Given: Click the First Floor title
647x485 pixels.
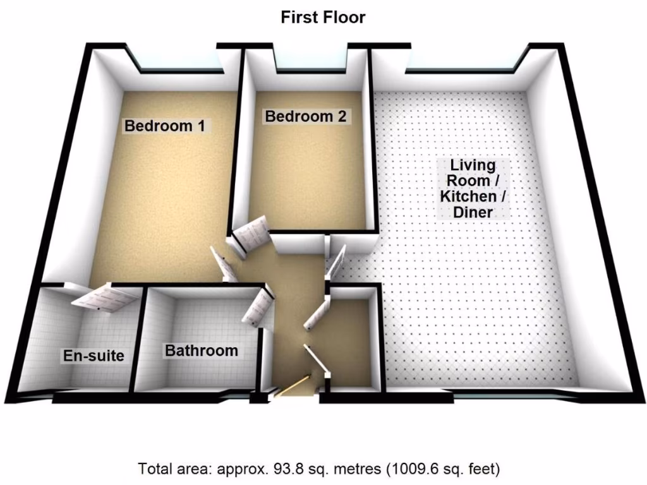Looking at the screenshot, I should click(323, 17).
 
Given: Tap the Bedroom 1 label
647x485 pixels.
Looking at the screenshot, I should click(164, 126).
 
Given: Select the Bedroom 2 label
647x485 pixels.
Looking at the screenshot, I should click(306, 116).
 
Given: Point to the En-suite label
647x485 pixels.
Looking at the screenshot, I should click(94, 356).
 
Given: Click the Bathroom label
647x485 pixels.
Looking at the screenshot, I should click(202, 350).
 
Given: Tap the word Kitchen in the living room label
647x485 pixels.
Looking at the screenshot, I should click(473, 196).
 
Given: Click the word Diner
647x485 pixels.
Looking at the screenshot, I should click(473, 212).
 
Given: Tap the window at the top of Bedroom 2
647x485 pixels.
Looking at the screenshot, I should click(310, 63).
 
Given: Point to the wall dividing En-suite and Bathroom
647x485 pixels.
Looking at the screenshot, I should click(139, 341).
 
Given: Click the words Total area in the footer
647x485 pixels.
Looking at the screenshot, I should click(174, 469).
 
